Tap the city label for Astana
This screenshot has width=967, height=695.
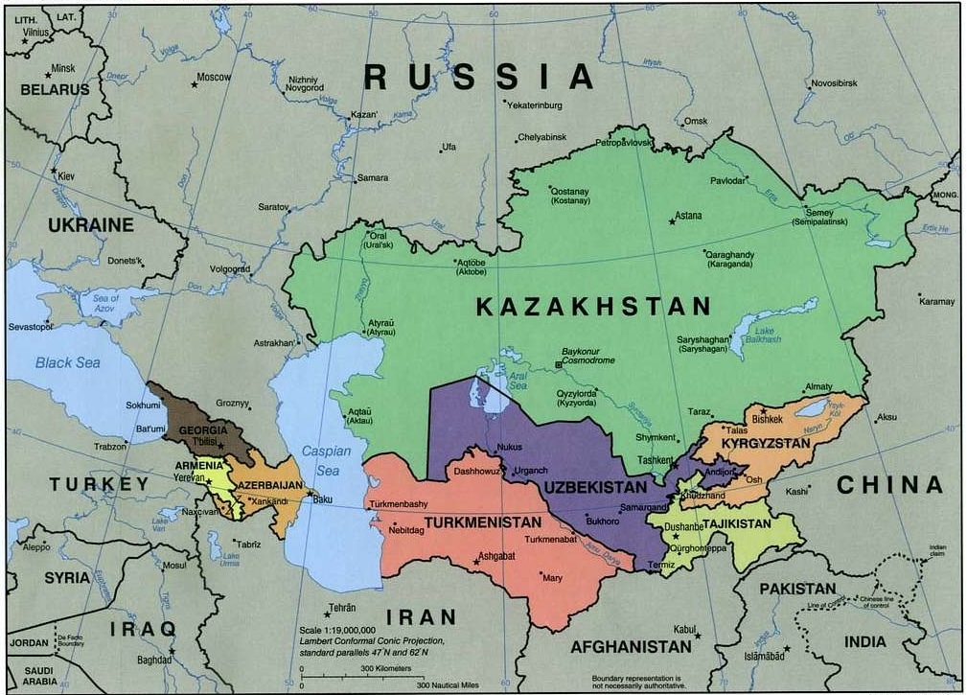pyautogui.click(x=688, y=216)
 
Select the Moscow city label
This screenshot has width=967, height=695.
pyautogui.click(x=214, y=77)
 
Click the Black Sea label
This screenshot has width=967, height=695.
pyautogui.click(x=67, y=363)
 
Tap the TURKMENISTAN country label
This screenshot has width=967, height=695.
pyautogui.click(x=476, y=523)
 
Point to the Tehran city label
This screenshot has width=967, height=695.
pyautogui.click(x=342, y=608)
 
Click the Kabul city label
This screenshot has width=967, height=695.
pyautogui.click(x=684, y=629)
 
